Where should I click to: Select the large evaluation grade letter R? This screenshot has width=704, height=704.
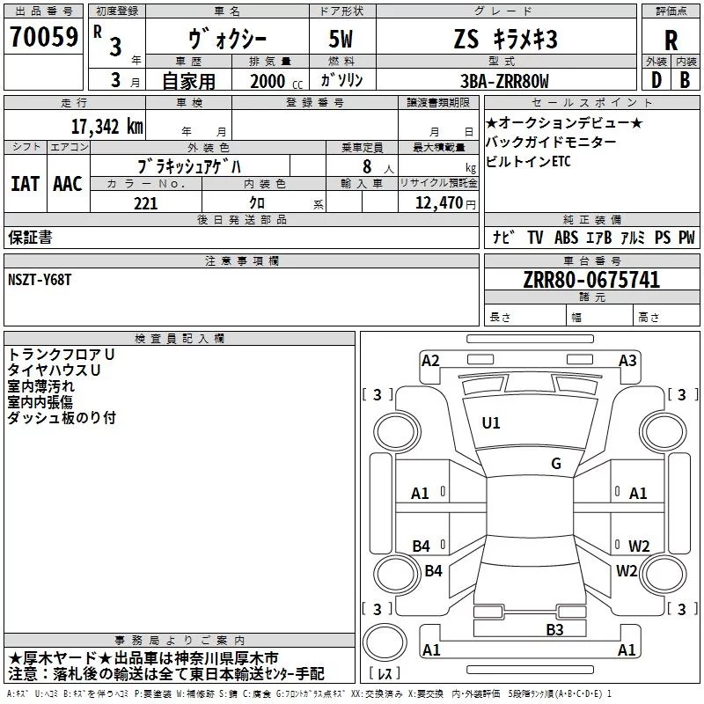[x=671, y=40]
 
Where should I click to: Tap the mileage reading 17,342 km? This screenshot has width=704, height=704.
[x=106, y=126]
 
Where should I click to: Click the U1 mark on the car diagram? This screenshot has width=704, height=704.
[x=491, y=423]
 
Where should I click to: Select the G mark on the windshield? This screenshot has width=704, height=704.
[x=556, y=464]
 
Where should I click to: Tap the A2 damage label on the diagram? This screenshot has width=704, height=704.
[x=430, y=360]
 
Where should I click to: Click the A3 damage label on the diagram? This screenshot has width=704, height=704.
[x=627, y=360]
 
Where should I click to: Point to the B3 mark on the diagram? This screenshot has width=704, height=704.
[x=554, y=629]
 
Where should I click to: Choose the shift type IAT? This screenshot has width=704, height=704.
[x=25, y=184]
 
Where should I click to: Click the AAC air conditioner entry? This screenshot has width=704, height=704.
[x=67, y=184]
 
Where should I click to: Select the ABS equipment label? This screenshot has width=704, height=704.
[x=567, y=238]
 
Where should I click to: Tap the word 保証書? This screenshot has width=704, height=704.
[x=30, y=237]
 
